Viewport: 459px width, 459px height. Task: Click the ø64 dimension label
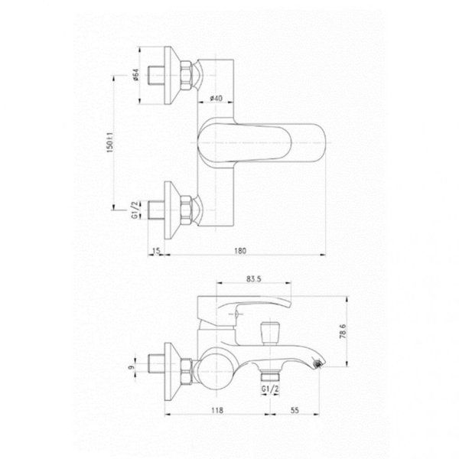point(135,75)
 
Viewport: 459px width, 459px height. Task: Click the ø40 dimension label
point(216,98)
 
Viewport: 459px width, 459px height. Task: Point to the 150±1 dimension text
point(109,142)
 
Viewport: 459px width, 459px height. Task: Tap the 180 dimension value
point(240,251)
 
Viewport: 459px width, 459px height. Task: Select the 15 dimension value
point(157,251)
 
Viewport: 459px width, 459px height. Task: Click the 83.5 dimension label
point(253,279)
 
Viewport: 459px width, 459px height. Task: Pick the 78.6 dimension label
point(343,331)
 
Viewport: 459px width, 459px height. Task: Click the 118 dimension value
point(217,410)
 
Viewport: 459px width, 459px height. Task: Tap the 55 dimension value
point(295,410)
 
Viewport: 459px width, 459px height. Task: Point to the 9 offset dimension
point(131,367)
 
